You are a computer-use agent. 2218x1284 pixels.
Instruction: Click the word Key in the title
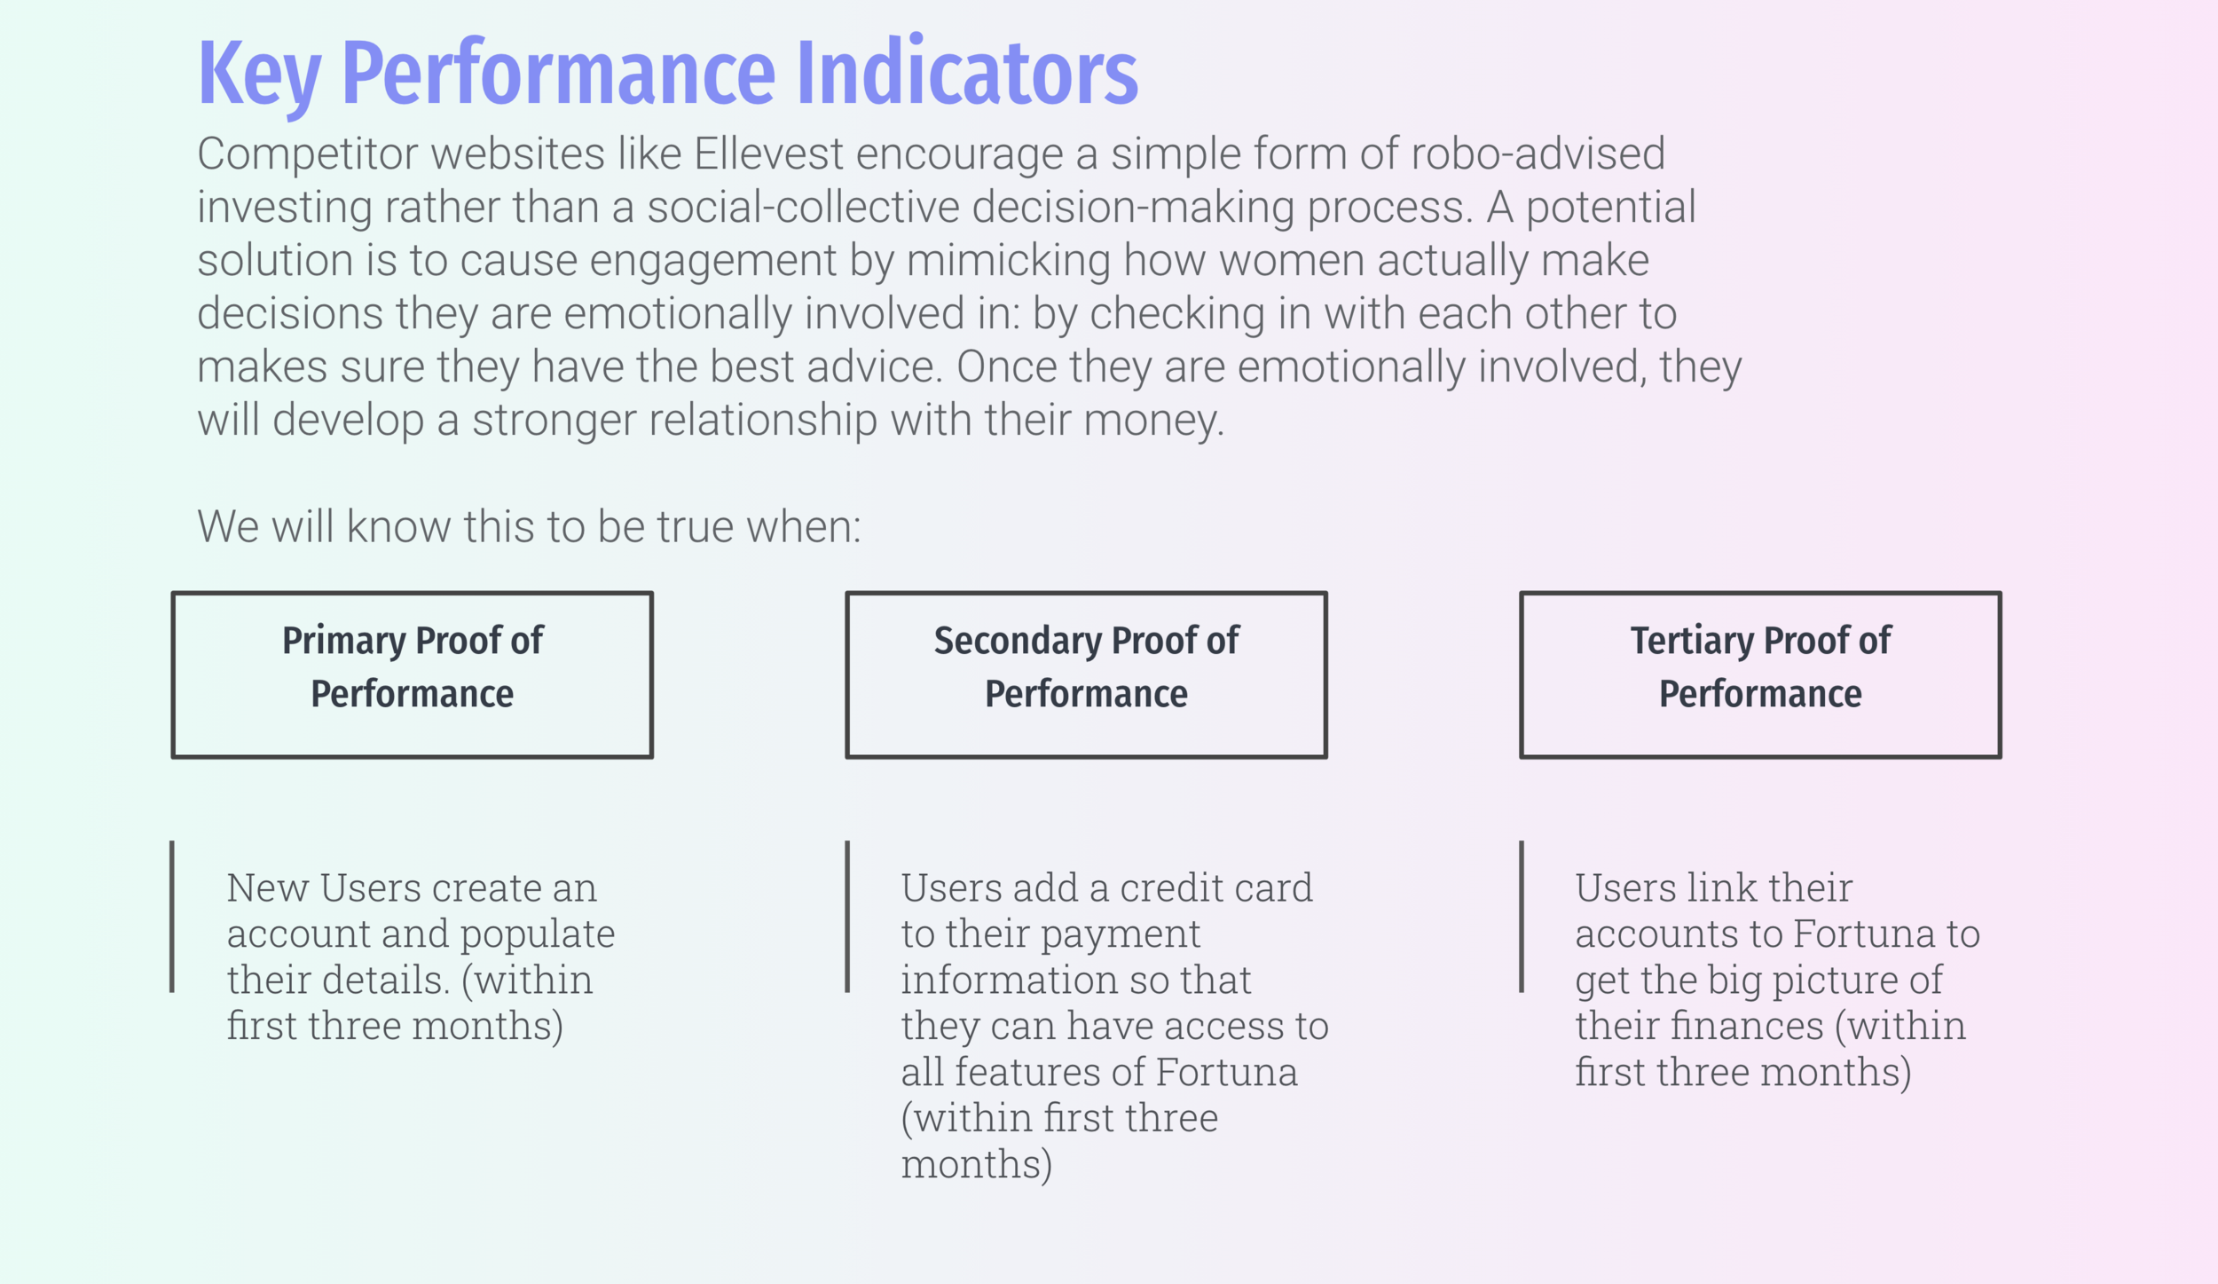coord(258,75)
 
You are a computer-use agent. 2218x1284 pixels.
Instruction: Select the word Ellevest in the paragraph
coord(768,154)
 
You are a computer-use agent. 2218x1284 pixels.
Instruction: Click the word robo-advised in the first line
coord(1538,154)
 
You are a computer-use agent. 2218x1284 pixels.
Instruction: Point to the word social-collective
coord(803,207)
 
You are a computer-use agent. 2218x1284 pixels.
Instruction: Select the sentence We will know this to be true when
coord(529,526)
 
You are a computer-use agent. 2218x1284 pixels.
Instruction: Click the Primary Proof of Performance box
coord(413,674)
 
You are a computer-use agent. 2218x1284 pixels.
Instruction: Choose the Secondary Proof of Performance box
coord(1086,674)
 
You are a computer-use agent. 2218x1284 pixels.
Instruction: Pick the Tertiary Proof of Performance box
coord(1760,674)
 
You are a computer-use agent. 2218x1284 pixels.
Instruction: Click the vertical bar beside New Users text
coord(172,917)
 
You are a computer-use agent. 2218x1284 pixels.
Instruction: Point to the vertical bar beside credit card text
coord(847,917)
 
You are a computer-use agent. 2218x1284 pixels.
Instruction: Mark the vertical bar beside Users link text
coord(1522,917)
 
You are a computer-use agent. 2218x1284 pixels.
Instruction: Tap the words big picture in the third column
coord(1801,981)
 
